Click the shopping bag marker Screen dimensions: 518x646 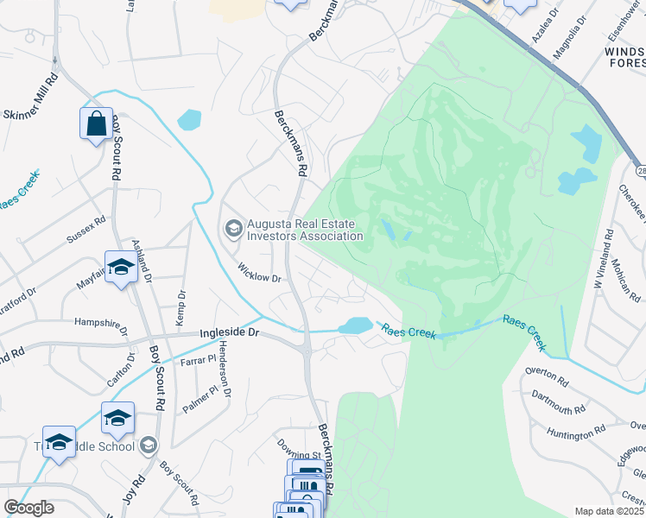(x=96, y=123)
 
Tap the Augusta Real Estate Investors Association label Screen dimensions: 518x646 (x=304, y=230)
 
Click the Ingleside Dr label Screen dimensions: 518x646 (x=230, y=332)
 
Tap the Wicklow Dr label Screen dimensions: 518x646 (x=260, y=273)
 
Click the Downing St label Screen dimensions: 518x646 (x=299, y=449)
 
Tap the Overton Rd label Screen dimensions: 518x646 (x=547, y=376)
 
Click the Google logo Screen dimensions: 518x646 (x=28, y=508)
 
